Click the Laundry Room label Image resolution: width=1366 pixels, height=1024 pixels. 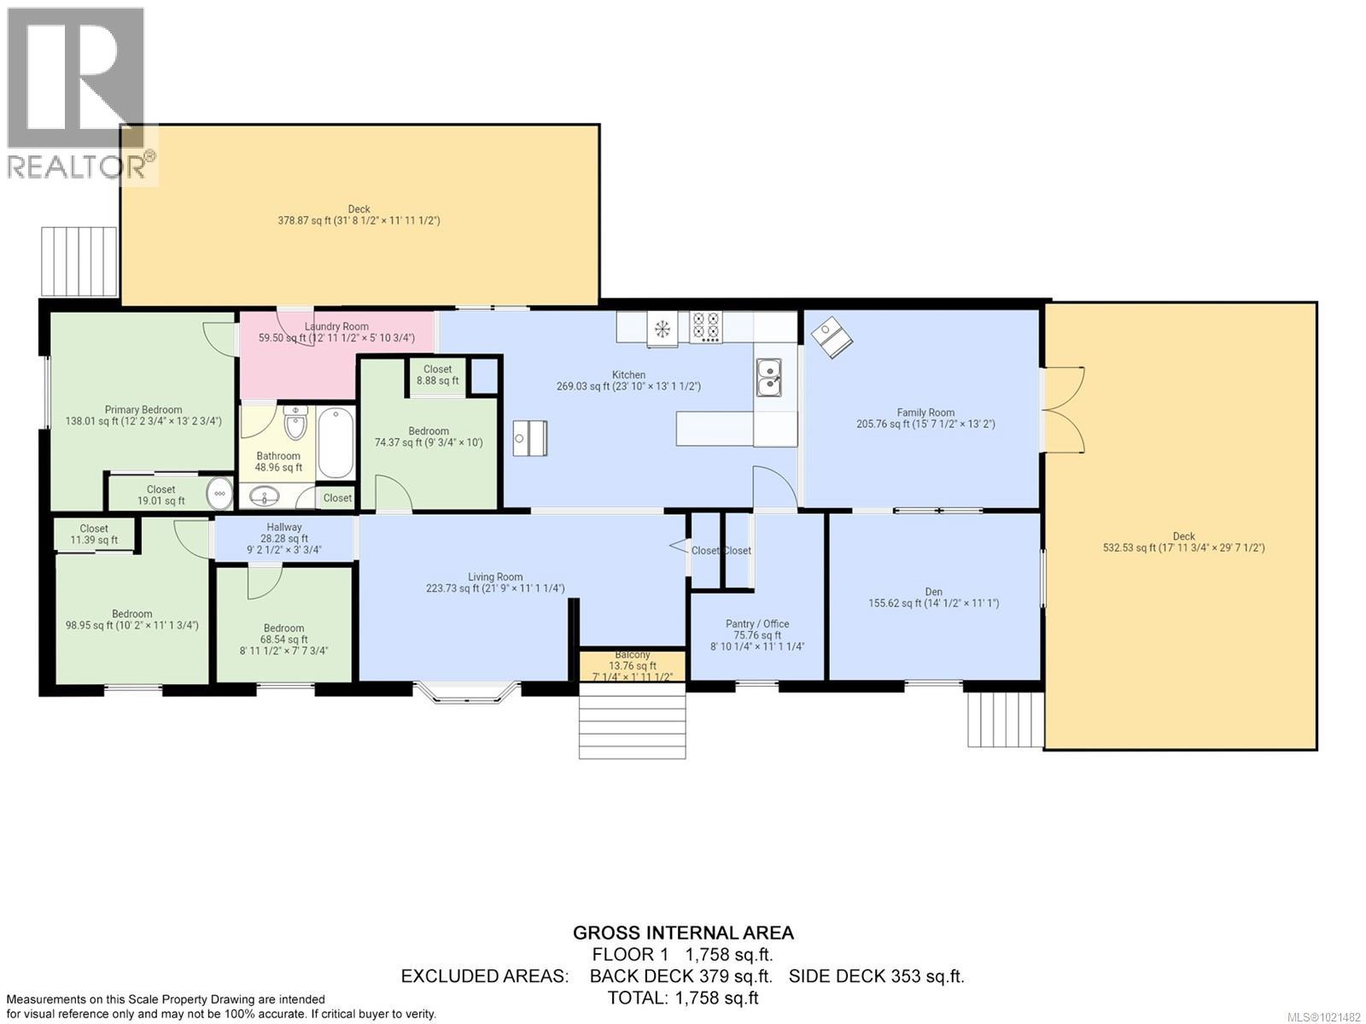click(336, 332)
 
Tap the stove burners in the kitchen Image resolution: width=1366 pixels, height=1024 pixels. click(705, 327)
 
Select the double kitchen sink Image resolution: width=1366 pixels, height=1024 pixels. click(768, 378)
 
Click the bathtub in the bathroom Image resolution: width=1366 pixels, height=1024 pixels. click(336, 443)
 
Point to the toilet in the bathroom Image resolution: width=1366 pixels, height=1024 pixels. click(295, 423)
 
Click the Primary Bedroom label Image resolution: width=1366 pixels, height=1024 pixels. click(143, 415)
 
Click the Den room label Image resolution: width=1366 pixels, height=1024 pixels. click(933, 597)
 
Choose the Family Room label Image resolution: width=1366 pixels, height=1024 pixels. click(925, 418)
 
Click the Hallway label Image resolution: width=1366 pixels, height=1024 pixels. click(283, 538)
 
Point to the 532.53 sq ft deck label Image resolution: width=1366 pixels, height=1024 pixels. click(1183, 542)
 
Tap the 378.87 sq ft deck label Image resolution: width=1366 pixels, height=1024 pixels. click(359, 214)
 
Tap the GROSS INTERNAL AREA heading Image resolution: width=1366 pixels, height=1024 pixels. click(683, 933)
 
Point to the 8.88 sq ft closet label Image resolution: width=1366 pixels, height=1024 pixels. click(438, 375)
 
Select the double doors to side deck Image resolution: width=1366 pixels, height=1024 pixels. click(1063, 410)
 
